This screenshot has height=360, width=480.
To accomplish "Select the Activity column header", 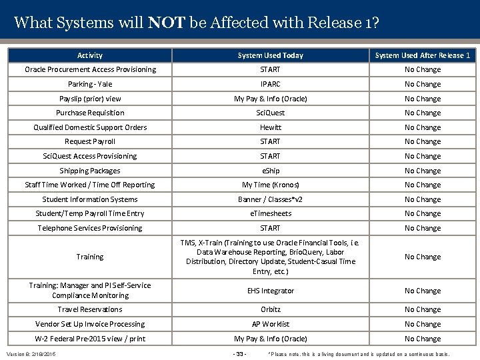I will coord(90,55).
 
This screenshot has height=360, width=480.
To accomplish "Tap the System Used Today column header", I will coord(270,55).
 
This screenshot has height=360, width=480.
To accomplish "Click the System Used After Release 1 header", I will coord(423,55).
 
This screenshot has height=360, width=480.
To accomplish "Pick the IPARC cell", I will coord(270,84).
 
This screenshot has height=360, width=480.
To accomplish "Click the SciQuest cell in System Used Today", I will coord(270,113).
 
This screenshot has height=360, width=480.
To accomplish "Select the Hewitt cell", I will coord(270,127).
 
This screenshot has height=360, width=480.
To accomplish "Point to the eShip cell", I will coord(270,171).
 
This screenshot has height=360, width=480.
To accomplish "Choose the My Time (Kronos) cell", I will coord(270,185).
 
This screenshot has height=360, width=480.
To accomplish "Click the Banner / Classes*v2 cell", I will coord(270,199).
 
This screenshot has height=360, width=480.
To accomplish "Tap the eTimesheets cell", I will coord(270,213).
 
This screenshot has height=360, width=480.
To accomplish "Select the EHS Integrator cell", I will coord(270,291).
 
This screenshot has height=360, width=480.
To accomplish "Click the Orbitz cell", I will coord(270,309).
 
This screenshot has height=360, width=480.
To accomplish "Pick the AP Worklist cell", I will coord(270,324).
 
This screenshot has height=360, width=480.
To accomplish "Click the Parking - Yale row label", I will coord(90,84).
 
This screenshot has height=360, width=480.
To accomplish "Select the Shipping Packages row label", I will coord(90,171).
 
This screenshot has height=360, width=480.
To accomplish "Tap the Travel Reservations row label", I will coord(90,309).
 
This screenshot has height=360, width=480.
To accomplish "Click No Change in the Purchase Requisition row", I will coord(423,113).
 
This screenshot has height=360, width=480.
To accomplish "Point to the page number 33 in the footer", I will coord(239,353).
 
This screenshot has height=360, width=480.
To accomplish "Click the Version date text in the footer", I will coord(31,353).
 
